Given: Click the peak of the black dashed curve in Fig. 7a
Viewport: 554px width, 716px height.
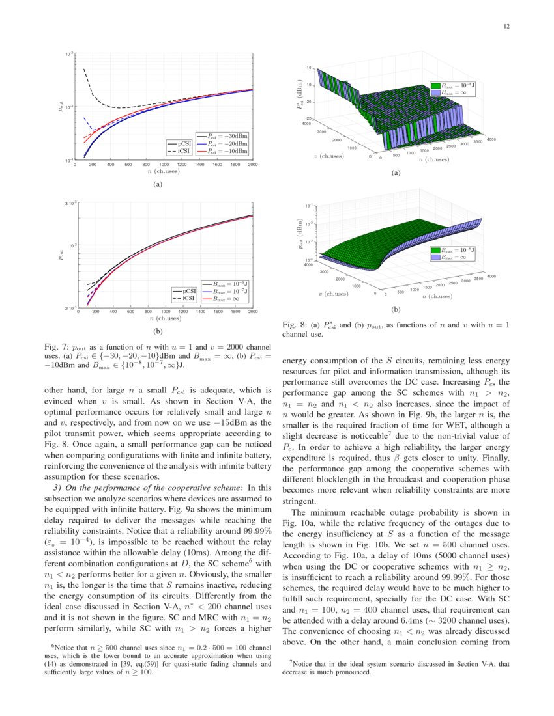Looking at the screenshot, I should [x=84, y=69].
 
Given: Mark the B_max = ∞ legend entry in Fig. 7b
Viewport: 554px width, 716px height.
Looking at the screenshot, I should [x=228, y=299].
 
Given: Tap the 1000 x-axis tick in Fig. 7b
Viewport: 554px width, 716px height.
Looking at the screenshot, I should [x=166, y=313].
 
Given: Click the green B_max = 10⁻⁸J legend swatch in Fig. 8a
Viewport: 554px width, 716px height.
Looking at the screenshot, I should [x=435, y=85].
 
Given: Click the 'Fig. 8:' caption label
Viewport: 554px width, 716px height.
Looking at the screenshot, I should [x=294, y=324].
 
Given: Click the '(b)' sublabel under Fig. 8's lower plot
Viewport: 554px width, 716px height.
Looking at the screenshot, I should [x=395, y=309].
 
